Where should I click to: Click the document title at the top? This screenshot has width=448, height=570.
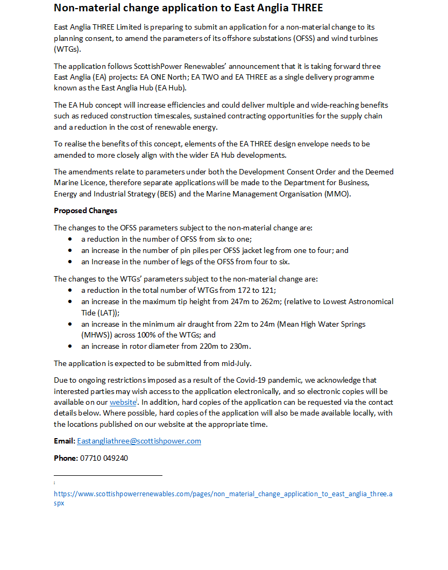pos(188,8)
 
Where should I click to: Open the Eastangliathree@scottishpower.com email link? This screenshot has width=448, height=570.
pos(139,441)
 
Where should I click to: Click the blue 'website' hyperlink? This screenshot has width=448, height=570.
pos(123,402)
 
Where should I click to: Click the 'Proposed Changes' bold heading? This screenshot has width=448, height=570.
pos(86,210)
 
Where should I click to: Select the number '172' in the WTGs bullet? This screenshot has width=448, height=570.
pos(244,290)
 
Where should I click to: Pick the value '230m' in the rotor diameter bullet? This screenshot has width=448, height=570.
pos(240,346)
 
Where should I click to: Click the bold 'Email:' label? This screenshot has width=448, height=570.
pos(64,441)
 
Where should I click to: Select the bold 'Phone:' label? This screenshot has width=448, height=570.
pos(66,458)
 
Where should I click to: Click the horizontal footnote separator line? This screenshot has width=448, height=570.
pos(108,475)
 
